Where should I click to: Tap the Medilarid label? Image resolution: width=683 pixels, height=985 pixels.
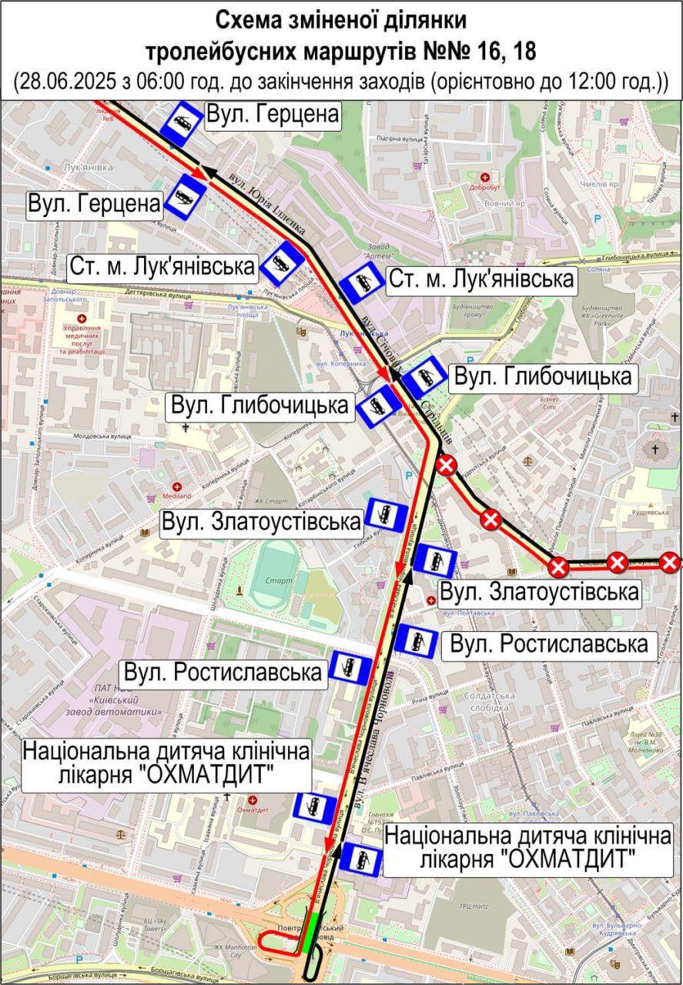pos(177,497)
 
